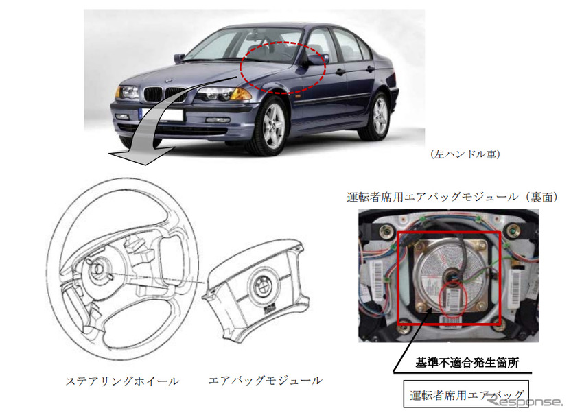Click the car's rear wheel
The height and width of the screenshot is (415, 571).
coord(379,115)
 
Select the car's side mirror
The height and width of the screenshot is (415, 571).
coord(312,61)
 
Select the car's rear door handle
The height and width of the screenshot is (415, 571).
coord(370,69)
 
